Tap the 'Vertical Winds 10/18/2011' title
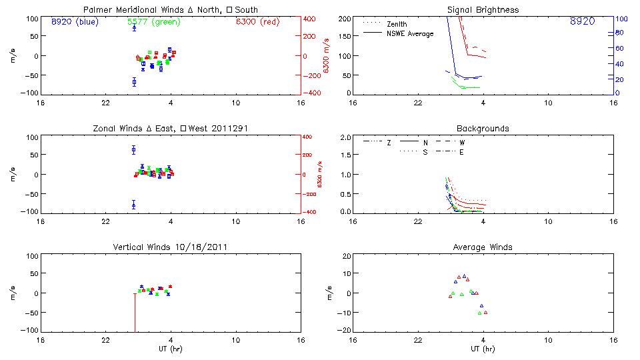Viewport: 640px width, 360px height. coord(171,247)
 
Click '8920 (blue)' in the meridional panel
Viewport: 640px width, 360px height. coord(74,22)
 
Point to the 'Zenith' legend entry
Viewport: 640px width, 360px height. coord(396,24)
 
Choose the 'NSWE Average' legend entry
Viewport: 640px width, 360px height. coord(410,33)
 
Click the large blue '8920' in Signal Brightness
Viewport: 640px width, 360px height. coord(583,22)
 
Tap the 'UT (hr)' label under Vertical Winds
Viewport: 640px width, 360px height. coord(171,349)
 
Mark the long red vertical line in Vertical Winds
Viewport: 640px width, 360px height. coord(135,313)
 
